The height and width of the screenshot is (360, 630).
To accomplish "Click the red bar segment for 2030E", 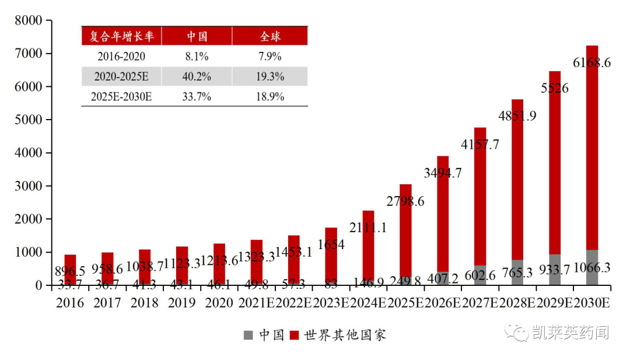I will (x=592, y=146).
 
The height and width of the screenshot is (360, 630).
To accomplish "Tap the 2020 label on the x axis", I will (x=219, y=303).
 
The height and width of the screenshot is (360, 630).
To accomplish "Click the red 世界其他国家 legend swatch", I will (x=294, y=335).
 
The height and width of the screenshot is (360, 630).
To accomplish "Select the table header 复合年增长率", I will (x=121, y=36).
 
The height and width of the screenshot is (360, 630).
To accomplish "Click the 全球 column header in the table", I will (x=269, y=36).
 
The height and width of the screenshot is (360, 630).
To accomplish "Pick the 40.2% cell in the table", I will (x=197, y=76).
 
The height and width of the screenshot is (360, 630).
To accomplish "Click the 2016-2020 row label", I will (x=121, y=57).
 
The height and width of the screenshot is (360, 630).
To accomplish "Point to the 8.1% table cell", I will (x=197, y=57).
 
